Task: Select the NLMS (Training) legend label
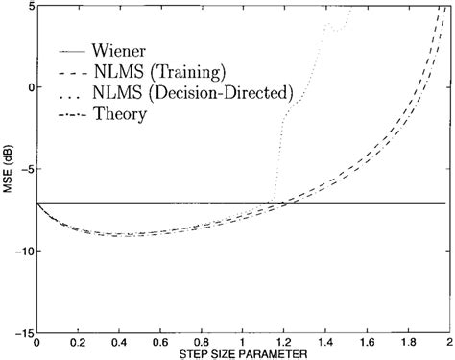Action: coord(157,71)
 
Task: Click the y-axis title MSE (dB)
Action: coord(8,168)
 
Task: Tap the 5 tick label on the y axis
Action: coord(29,6)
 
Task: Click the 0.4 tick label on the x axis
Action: coord(118,341)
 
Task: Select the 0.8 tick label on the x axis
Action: coord(201,341)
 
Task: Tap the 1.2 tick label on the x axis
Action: coord(283,341)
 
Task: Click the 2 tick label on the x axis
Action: coord(447,341)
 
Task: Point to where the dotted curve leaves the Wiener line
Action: coord(274,202)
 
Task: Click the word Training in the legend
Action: coord(180,71)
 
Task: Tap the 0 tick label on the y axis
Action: coord(29,87)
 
